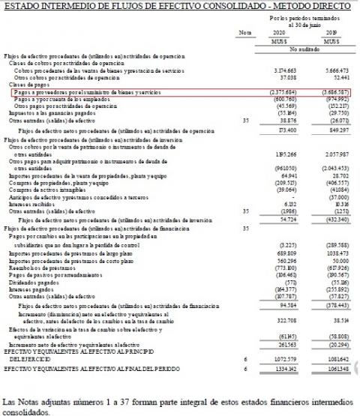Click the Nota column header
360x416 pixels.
tap(244, 33)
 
